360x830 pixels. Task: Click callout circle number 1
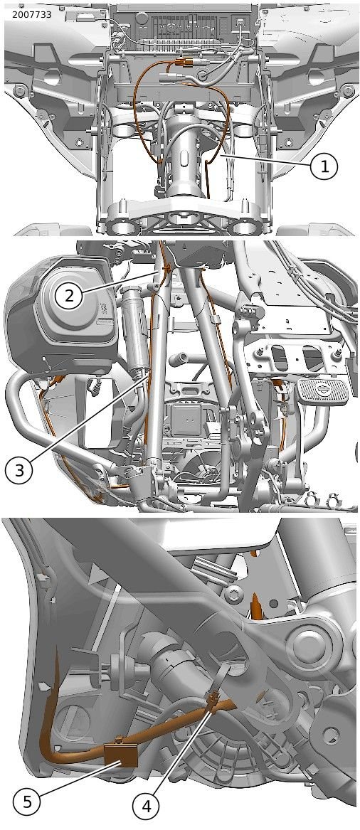(324, 167)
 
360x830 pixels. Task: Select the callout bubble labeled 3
(20, 469)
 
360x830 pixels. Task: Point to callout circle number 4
(147, 807)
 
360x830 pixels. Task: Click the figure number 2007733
(32, 15)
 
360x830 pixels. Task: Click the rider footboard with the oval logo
(322, 391)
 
